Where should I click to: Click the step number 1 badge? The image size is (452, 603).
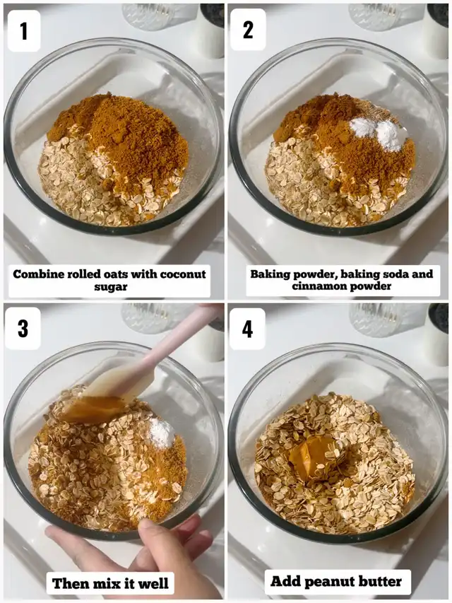pos(24,31)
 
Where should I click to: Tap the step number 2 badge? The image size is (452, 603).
pos(248,30)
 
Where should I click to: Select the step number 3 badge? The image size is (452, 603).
pos(23,328)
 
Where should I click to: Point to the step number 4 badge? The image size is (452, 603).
pos(247,328)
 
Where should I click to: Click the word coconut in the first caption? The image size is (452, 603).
pos(183,274)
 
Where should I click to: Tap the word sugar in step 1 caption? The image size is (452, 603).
pos(111,287)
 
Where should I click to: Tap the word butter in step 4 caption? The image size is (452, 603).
pos(380,580)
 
